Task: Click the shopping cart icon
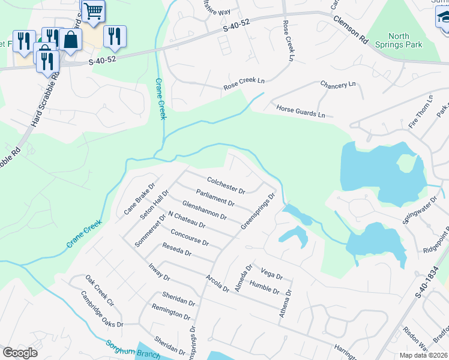click(93, 11)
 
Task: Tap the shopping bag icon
click(71, 40)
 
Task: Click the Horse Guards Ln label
click(300, 111)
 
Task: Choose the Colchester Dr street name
click(226, 185)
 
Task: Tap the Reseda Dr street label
click(176, 250)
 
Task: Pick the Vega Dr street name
click(271, 274)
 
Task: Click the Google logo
click(20, 353)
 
